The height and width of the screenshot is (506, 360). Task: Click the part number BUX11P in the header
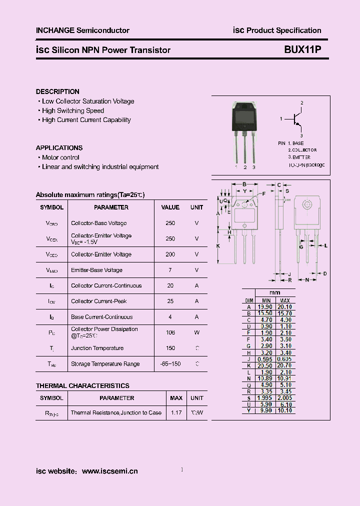tap(299, 49)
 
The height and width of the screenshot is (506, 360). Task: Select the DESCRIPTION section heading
tap(57, 91)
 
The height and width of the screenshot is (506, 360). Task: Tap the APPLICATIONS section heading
tap(59, 148)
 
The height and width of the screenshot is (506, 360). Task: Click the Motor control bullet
tap(60, 157)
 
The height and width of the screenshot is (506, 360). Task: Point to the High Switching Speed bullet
tap(73, 110)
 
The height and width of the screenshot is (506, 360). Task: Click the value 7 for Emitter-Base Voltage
tap(170, 270)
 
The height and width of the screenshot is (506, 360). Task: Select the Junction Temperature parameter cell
tap(97, 348)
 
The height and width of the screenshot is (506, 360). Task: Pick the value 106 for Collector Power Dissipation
tap(170, 332)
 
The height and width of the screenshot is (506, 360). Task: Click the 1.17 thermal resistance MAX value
tap(176, 412)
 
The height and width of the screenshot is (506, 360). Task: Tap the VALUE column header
tap(170, 207)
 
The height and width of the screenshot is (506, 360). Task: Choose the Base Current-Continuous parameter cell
tap(101, 317)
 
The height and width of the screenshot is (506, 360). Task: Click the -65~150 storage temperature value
tap(170, 364)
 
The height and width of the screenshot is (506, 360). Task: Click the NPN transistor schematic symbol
tap(297, 119)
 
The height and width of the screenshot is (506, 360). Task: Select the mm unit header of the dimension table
tap(274, 292)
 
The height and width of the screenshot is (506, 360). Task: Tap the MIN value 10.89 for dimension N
tap(265, 378)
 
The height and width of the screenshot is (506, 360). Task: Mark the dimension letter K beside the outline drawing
tap(218, 246)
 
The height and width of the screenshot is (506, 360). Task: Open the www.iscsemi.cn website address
tap(109, 471)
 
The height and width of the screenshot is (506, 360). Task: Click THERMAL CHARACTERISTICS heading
tap(82, 385)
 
